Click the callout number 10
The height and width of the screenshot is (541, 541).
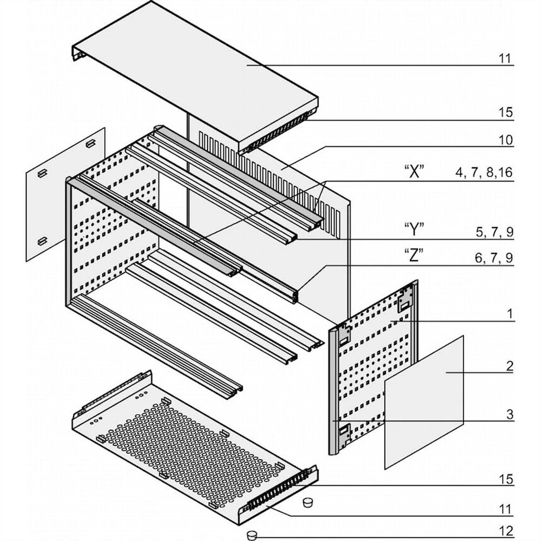(x=505, y=140)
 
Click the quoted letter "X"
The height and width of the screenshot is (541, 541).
(x=414, y=173)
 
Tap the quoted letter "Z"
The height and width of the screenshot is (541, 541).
(x=414, y=257)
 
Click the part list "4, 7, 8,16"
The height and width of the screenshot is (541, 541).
(x=484, y=173)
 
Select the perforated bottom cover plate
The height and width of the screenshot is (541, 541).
(x=189, y=444)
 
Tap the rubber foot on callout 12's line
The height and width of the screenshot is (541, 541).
(x=252, y=535)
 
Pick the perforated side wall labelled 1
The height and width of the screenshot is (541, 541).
(x=373, y=368)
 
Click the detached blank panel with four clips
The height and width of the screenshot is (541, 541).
(x=65, y=195)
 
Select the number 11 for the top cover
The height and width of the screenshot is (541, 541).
(x=505, y=58)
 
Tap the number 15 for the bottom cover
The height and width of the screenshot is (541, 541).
(x=505, y=479)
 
